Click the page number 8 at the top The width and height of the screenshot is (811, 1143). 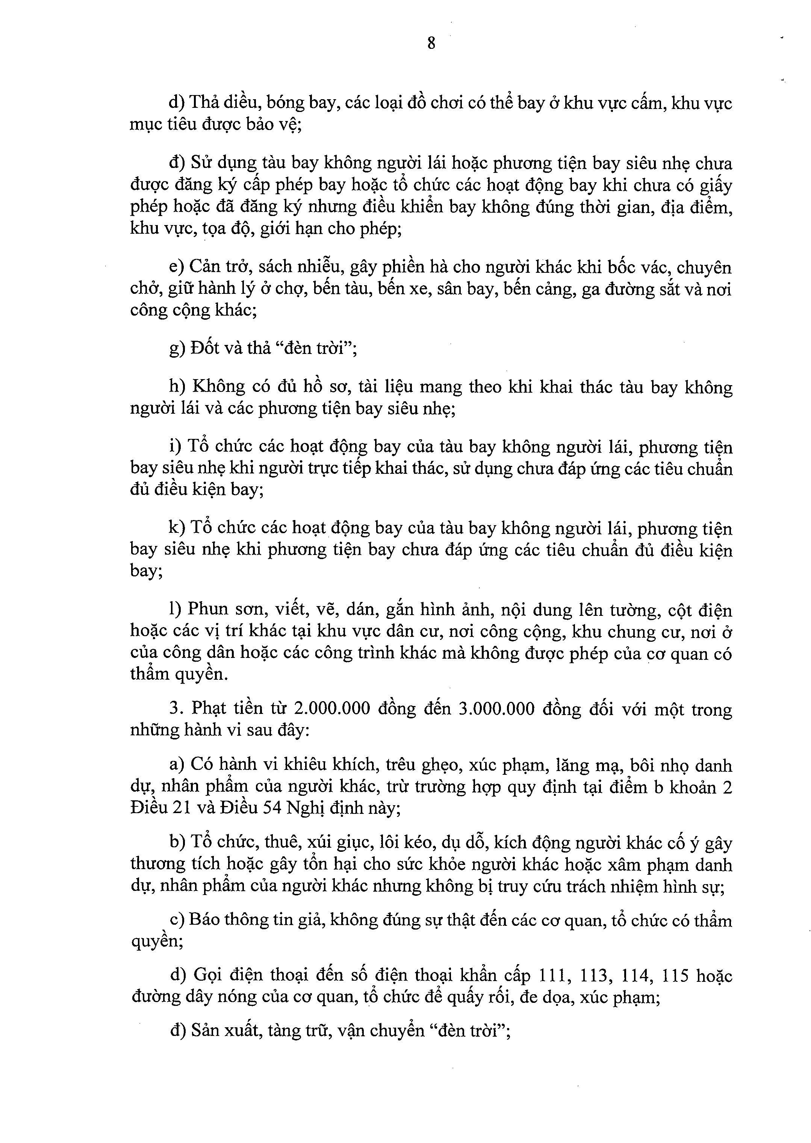(431, 44)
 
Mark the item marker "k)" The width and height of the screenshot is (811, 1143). (177, 528)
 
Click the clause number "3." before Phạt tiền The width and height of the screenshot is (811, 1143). (174, 709)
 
